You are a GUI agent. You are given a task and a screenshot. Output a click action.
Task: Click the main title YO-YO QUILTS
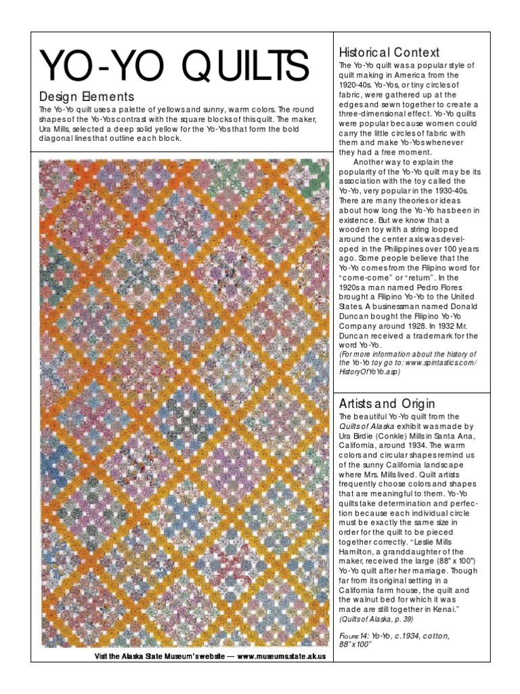pyautogui.click(x=174, y=66)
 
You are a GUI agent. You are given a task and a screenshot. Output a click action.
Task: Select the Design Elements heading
pyautogui.click(x=86, y=97)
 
